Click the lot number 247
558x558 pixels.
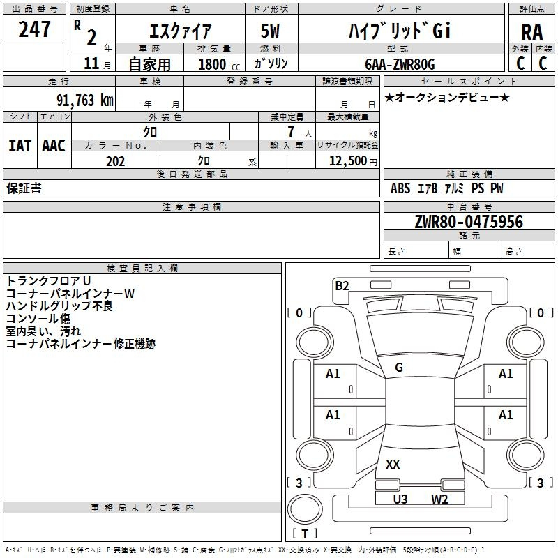(34, 29)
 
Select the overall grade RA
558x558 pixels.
(532, 32)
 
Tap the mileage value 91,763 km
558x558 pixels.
(84, 100)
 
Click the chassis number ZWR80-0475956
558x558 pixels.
(469, 222)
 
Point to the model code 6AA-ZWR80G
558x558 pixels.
(400, 64)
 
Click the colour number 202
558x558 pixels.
(115, 161)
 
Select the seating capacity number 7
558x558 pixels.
(291, 132)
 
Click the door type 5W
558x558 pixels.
(270, 31)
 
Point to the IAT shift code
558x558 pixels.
(20, 146)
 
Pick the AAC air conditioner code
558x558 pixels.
(54, 146)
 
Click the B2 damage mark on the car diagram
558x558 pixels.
(342, 286)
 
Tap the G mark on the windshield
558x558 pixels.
(399, 368)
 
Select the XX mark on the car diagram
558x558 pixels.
(393, 464)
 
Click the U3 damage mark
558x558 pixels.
(400, 499)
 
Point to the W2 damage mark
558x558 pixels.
(439, 499)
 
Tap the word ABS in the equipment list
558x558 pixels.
(400, 188)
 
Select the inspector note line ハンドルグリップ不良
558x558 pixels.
(59, 306)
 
